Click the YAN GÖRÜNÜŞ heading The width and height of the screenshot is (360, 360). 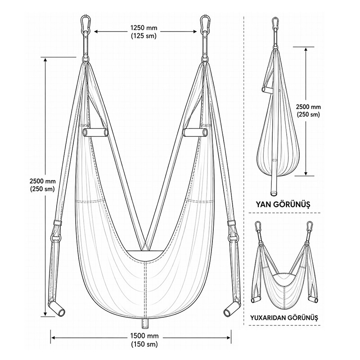[x=283, y=204]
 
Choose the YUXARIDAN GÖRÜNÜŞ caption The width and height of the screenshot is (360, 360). [x=284, y=318]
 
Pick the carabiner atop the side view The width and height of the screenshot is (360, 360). [x=275, y=23]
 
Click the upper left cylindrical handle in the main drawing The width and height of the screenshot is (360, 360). [x=95, y=132]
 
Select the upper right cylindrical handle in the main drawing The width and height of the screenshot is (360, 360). [x=195, y=132]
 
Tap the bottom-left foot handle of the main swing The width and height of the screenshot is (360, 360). [x=57, y=309]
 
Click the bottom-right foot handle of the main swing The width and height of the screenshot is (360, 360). [x=232, y=309]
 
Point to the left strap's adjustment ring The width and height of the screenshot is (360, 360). [x=56, y=238]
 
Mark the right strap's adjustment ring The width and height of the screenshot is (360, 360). [x=233, y=238]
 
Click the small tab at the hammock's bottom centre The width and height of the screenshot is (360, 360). [x=145, y=324]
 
